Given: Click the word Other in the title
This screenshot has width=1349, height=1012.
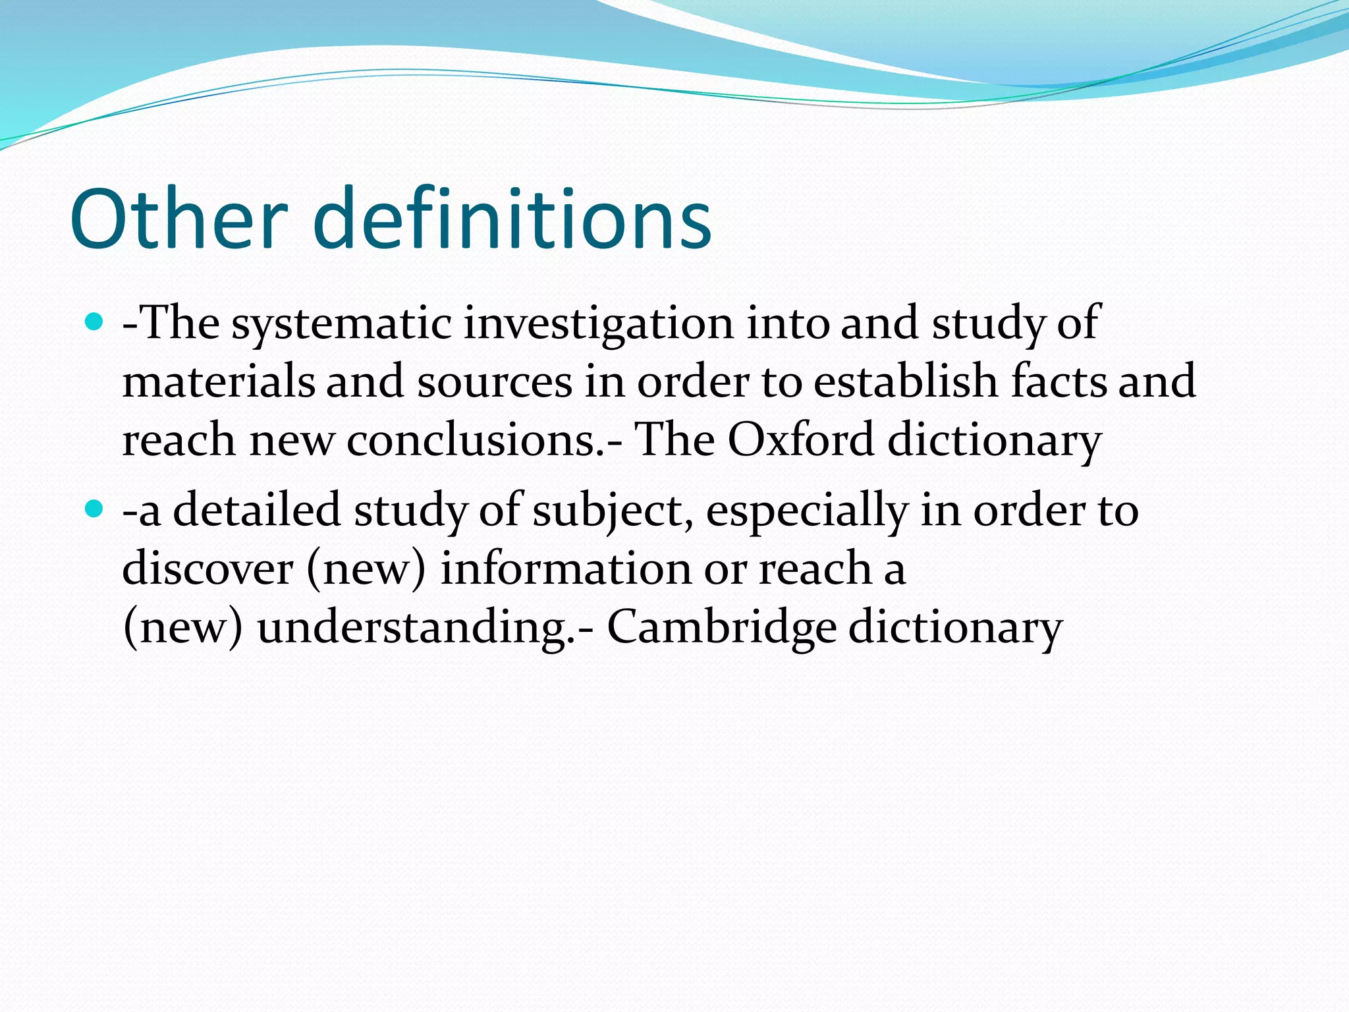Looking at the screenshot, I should pyautogui.click(x=179, y=219).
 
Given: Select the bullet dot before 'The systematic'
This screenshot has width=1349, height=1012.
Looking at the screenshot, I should pyautogui.click(x=95, y=322).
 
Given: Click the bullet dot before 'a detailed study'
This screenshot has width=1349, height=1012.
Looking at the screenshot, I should pyautogui.click(x=95, y=509).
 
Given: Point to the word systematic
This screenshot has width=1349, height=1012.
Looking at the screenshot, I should pyautogui.click(x=341, y=324).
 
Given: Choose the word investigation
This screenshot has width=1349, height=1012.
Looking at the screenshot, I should pyautogui.click(x=598, y=324).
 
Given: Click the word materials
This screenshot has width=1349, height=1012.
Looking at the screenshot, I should pyautogui.click(x=219, y=382).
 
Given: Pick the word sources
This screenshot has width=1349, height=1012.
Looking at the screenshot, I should pyautogui.click(x=495, y=382).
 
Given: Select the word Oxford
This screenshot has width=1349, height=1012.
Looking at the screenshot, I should pyautogui.click(x=800, y=440).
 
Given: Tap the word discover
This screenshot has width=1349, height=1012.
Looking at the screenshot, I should pyautogui.click(x=207, y=569).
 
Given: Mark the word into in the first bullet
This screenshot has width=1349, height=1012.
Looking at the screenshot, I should pyautogui.click(x=787, y=324).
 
